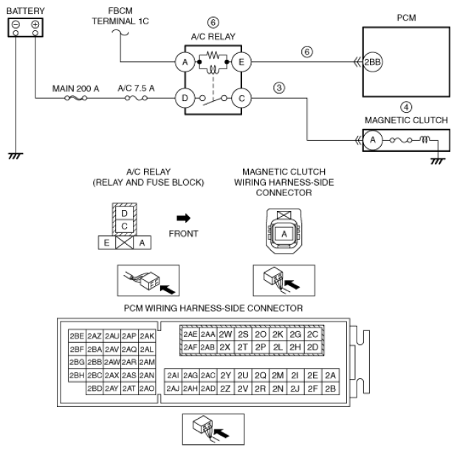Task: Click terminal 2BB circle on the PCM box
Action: tap(373, 62)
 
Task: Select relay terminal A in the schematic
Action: tap(185, 62)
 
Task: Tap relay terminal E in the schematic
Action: tap(241, 62)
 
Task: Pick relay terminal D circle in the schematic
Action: tap(185, 98)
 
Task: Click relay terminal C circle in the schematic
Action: tap(241, 98)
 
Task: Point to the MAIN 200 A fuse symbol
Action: tap(76, 98)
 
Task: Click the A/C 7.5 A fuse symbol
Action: tap(136, 98)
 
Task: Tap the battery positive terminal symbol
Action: tap(35, 24)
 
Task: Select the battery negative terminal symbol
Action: tap(16, 24)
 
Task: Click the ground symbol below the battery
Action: tap(16, 156)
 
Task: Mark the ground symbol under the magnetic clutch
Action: tap(438, 161)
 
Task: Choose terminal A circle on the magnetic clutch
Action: tap(373, 140)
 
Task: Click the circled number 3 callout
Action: tap(279, 88)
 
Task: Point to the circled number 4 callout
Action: tap(406, 107)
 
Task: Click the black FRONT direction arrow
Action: tap(184, 218)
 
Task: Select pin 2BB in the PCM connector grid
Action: tap(95, 362)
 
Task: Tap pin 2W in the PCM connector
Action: tap(225, 335)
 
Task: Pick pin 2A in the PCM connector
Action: tap(331, 375)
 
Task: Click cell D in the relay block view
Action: tap(125, 213)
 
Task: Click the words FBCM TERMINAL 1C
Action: tap(120, 16)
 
